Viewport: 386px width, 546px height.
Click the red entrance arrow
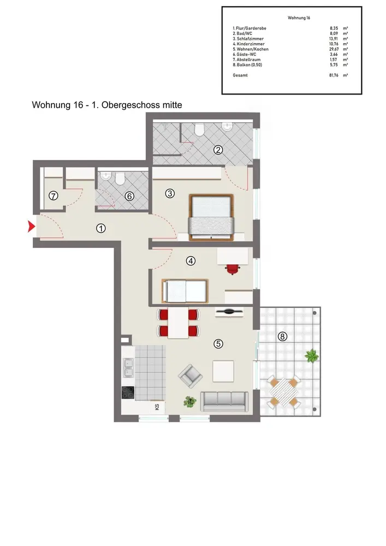[31, 227]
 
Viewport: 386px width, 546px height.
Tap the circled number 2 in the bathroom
[218, 150]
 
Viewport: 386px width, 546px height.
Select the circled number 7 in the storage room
[54, 196]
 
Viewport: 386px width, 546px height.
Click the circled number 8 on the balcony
[282, 336]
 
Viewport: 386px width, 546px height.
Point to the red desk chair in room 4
[233, 269]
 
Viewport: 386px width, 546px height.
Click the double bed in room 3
[211, 218]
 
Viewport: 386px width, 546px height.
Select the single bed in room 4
[185, 291]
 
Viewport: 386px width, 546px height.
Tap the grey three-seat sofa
[224, 401]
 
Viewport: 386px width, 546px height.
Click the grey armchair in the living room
[190, 376]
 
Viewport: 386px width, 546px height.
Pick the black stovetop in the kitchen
[128, 393]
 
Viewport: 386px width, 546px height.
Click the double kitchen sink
[128, 367]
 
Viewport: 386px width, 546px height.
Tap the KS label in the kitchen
[157, 406]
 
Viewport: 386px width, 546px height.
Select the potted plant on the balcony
[312, 356]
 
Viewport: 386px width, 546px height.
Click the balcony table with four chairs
[284, 392]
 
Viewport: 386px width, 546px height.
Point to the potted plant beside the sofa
[189, 401]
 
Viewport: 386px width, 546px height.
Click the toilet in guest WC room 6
[120, 179]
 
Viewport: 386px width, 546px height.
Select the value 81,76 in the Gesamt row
[334, 75]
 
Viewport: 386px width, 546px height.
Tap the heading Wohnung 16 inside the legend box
[299, 18]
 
